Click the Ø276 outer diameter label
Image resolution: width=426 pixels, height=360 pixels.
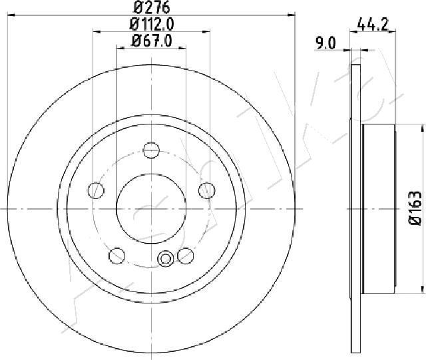click(x=152, y=7)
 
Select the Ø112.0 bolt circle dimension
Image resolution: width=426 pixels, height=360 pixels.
click(x=151, y=25)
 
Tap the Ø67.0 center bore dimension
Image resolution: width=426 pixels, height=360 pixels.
click(x=151, y=41)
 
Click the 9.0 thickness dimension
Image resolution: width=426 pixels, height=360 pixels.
click(x=325, y=43)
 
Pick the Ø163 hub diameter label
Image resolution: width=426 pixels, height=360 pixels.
click(x=415, y=208)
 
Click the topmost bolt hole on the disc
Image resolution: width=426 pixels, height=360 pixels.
click(x=151, y=150)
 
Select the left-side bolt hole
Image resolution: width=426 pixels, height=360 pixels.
click(x=97, y=190)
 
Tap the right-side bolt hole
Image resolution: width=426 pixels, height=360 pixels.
click(x=207, y=190)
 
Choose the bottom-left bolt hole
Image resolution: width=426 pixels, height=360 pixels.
click(x=117, y=256)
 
